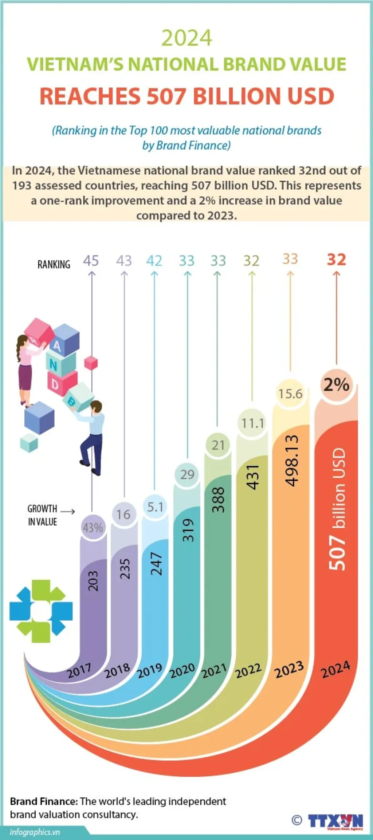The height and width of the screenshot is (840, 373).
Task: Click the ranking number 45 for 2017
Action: point(91,261)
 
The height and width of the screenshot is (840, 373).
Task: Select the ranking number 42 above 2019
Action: point(154,261)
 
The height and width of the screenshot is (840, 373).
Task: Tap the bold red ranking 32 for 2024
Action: point(336,260)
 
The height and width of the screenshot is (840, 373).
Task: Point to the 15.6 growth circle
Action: point(290,394)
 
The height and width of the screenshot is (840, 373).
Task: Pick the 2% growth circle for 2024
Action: point(336,384)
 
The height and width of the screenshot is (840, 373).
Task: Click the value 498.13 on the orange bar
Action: point(292,461)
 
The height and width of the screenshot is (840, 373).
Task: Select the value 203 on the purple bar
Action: point(93,580)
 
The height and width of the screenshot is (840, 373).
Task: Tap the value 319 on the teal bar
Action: point(188,530)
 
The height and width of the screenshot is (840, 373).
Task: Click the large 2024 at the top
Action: point(186,38)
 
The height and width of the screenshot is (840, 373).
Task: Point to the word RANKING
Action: point(54,264)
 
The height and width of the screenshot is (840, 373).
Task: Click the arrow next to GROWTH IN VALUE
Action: point(68,512)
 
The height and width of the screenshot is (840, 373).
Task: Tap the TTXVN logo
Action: point(335,821)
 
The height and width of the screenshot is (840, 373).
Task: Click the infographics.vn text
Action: point(35,832)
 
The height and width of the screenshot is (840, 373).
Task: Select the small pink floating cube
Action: point(91,363)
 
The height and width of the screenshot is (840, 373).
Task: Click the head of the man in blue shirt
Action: point(96,406)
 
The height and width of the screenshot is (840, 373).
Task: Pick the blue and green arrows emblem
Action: point(41,611)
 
